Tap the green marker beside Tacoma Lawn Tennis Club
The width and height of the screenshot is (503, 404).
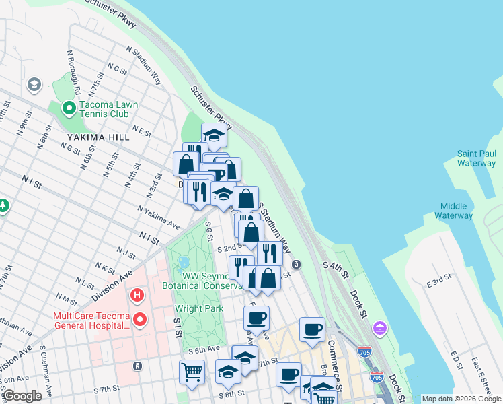(x=68, y=108)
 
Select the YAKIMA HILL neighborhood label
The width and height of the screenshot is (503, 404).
(x=92, y=137)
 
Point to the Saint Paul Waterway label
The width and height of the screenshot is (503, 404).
(x=476, y=158)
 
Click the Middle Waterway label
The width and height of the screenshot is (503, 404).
(x=457, y=211)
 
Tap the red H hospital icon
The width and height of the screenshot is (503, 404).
(x=137, y=295)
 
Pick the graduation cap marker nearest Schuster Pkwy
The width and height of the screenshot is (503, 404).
(x=214, y=135)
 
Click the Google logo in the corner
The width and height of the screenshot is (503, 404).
(x=22, y=396)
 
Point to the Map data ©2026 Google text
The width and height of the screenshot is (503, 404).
(x=461, y=399)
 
